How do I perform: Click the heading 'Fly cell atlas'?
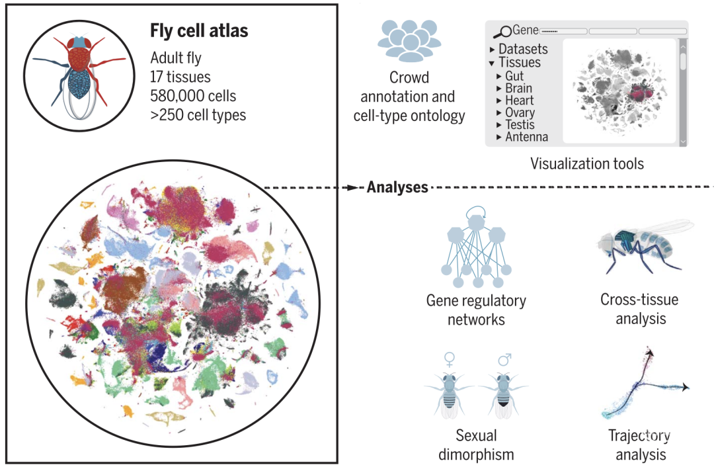199,31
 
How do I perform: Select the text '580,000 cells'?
193,96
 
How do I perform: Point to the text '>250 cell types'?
198,115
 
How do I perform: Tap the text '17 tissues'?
180,77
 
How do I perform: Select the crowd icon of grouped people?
409,41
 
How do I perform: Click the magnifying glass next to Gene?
502,32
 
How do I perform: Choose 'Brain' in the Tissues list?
518,88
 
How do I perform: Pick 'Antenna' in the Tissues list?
526,137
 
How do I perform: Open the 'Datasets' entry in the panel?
523,49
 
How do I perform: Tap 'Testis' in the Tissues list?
520,124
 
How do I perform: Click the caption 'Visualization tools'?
587,163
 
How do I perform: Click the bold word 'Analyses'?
397,187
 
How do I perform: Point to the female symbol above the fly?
450,359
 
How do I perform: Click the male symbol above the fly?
504,359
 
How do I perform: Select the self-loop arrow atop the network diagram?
476,210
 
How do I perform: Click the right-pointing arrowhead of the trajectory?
685,388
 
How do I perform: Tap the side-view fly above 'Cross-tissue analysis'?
646,246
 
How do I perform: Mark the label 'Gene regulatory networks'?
476,310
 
